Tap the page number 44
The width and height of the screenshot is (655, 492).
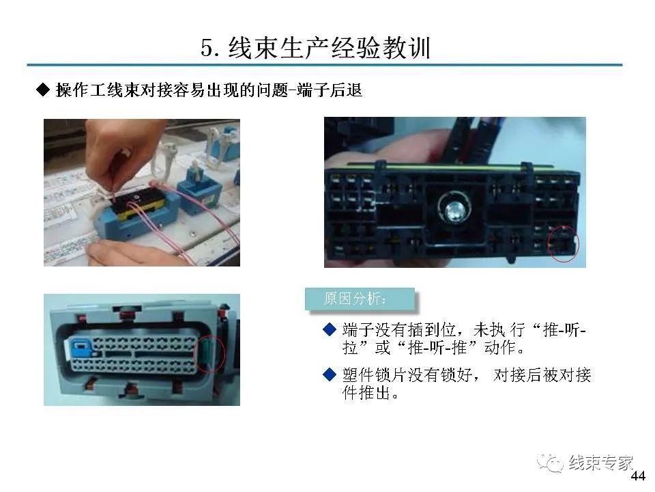click(638, 476)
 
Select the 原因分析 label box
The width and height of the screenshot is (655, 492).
click(359, 299)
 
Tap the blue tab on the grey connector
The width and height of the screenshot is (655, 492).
click(77, 346)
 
